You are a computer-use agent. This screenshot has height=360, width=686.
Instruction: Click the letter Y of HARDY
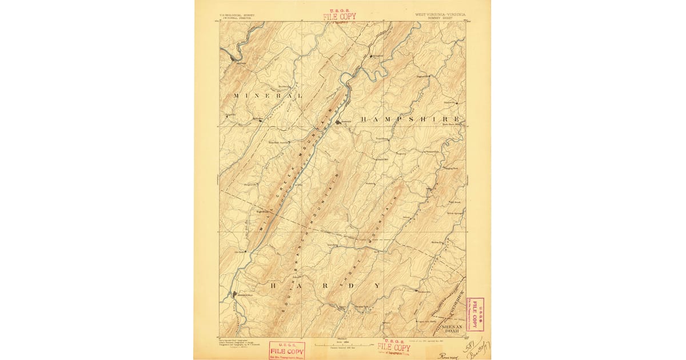tap(377, 285)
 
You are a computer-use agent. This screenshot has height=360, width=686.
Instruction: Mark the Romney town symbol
tap(338, 122)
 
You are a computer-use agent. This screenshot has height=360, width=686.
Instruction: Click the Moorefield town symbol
tap(234, 295)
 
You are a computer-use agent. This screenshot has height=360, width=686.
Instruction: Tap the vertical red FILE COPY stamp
tap(474, 314)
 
